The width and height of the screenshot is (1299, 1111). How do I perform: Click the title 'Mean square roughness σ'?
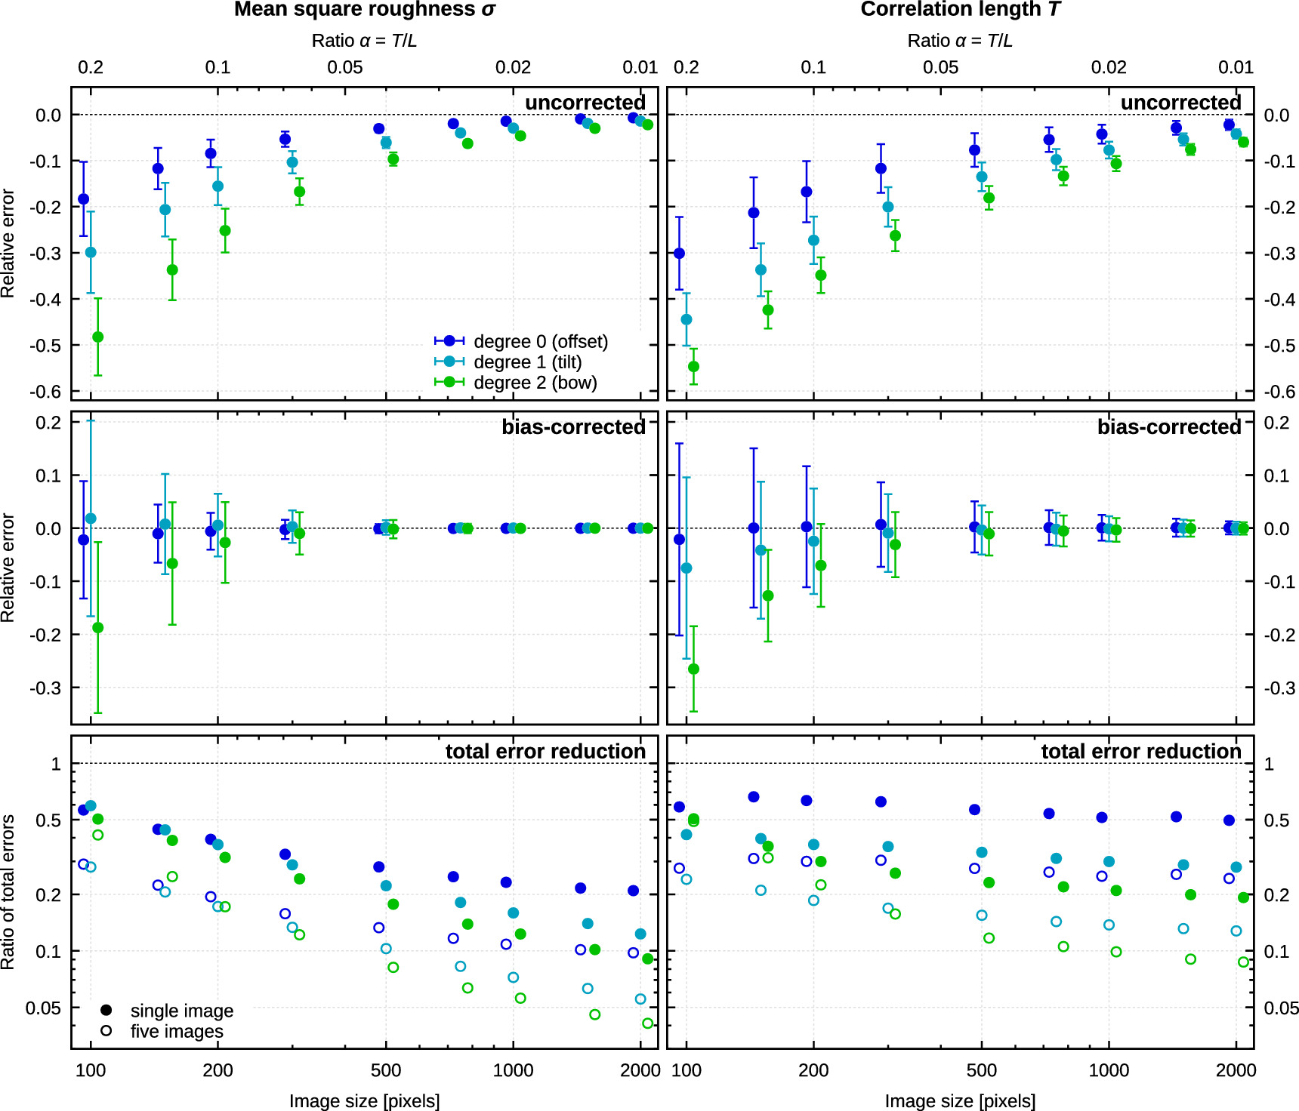click(364, 10)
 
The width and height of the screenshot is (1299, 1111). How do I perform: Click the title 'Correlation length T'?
click(960, 10)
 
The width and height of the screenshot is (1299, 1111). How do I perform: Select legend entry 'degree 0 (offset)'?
click(540, 342)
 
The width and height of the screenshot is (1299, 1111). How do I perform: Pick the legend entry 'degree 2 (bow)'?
click(535, 383)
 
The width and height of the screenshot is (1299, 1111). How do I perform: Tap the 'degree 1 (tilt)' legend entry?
click(527, 362)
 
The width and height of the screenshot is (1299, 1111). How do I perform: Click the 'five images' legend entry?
click(176, 1031)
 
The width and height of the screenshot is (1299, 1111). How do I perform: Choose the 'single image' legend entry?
click(181, 1011)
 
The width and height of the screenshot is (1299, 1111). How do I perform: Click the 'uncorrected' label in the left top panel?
click(585, 103)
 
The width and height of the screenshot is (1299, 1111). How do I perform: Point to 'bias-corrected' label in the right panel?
click(1168, 427)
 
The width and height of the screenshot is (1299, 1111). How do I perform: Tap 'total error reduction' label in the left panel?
click(545, 752)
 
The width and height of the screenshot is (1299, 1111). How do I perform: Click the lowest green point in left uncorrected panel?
click(97, 337)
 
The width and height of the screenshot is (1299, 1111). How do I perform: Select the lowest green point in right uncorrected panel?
click(693, 367)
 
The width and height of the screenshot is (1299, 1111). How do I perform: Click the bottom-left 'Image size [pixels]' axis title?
click(364, 1100)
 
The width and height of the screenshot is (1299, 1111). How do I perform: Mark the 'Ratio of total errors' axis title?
click(8, 892)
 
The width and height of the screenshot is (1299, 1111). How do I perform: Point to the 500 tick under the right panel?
click(981, 1070)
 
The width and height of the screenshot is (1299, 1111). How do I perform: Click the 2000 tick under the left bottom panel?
click(640, 1070)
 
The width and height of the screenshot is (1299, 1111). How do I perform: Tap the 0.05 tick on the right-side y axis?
click(1281, 1008)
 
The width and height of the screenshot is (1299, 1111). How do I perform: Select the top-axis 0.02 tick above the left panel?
click(513, 67)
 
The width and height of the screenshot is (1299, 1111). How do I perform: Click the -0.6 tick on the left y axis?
click(45, 392)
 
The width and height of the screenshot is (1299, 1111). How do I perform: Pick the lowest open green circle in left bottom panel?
click(647, 1023)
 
